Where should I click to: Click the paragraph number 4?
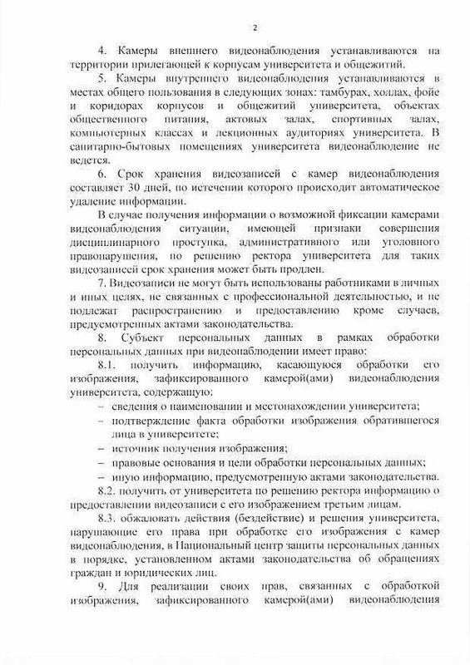point(103,51)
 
